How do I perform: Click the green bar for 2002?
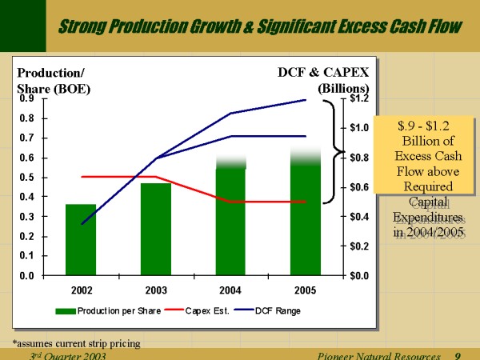click(81, 240)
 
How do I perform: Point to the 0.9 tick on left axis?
click(26, 99)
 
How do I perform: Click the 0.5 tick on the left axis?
click(26, 178)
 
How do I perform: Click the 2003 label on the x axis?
click(156, 288)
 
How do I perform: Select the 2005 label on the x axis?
click(305, 288)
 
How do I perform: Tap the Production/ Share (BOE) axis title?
click(53, 80)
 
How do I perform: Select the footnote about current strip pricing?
click(76, 343)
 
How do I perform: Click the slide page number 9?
click(457, 354)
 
